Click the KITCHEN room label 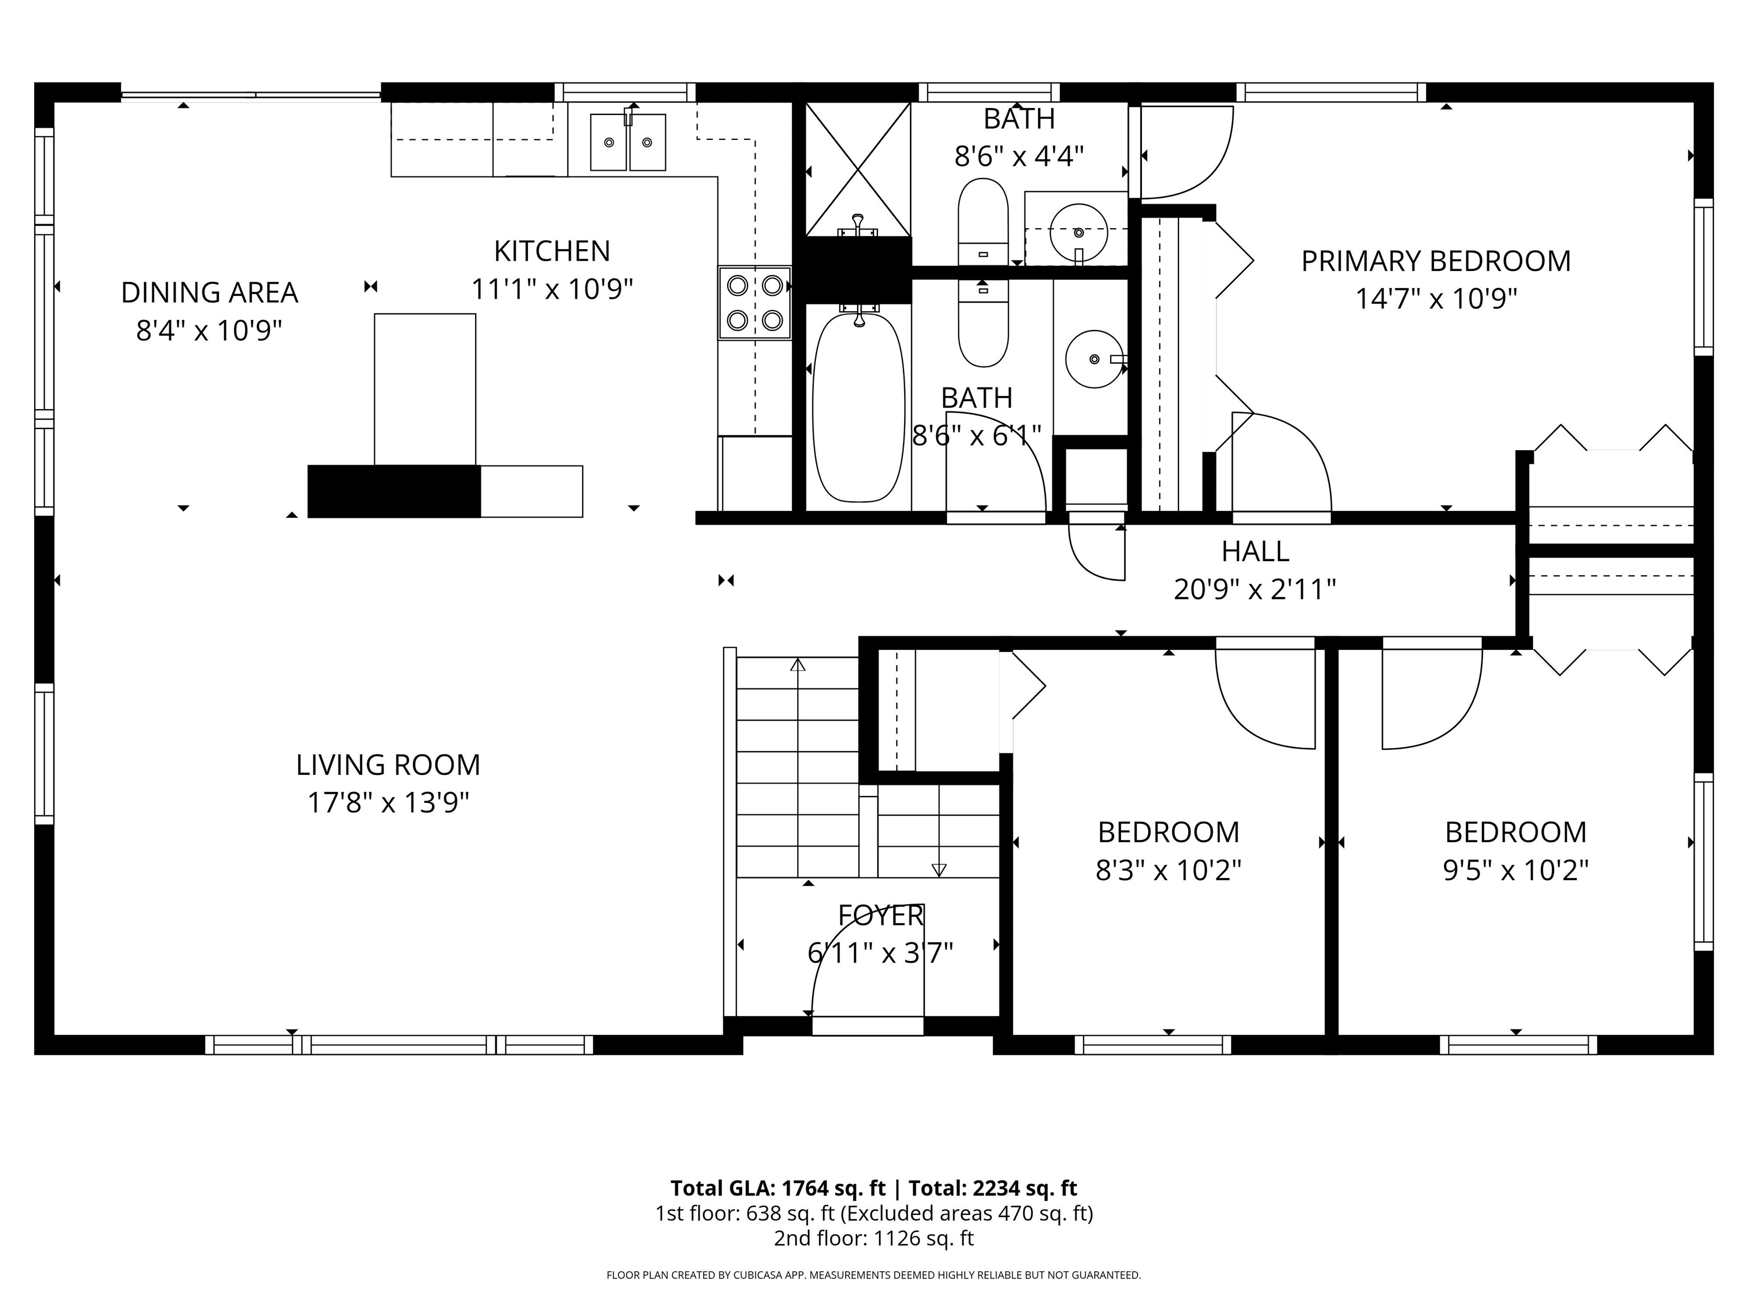(551, 252)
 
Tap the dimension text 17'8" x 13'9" (388, 803)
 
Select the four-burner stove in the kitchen (755, 303)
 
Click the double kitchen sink (628, 142)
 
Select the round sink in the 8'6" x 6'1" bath (1094, 359)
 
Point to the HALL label (1254, 551)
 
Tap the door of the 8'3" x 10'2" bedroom (1264, 695)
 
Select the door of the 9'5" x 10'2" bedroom (1430, 695)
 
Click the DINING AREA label (209, 292)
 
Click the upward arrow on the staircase (797, 665)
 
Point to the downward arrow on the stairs (939, 870)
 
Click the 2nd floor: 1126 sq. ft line (873, 1238)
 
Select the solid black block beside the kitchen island (394, 492)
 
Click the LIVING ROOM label (388, 765)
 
